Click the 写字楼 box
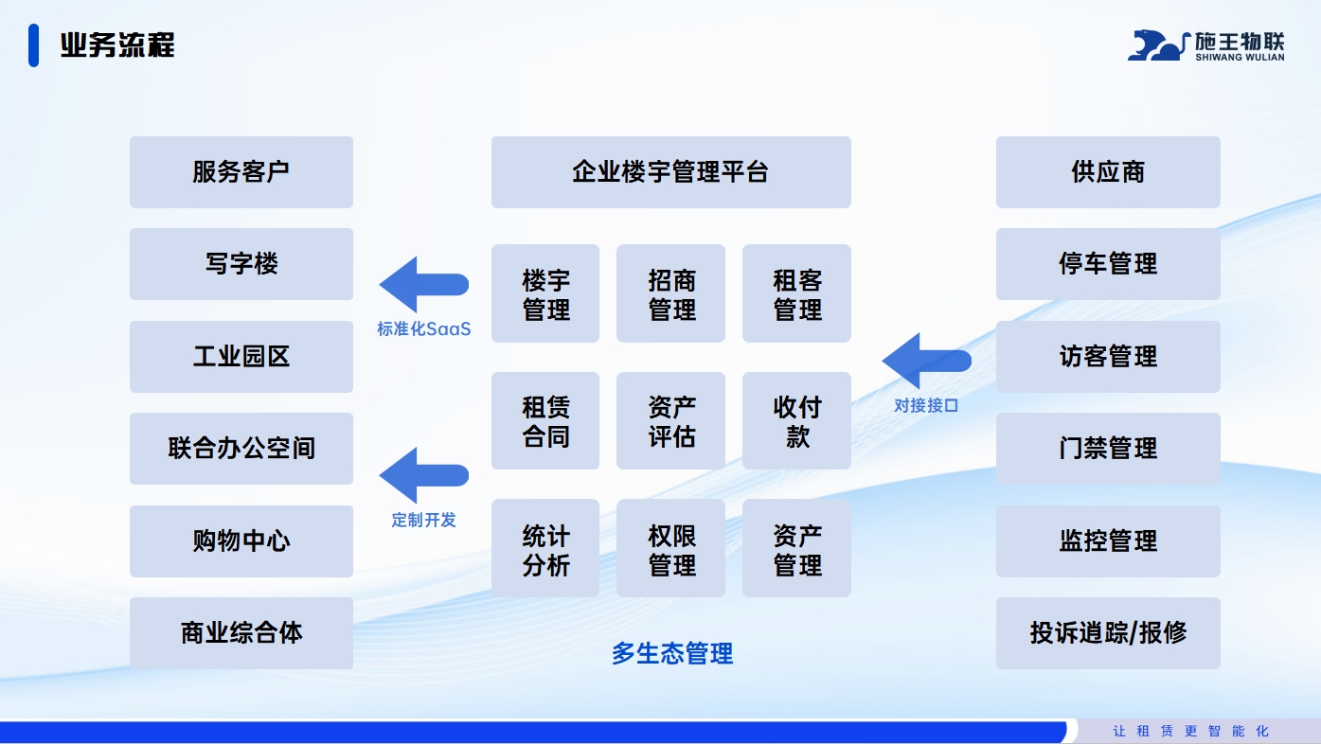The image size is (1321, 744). coord(241,264)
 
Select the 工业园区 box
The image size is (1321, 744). coord(241,357)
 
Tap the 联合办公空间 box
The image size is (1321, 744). coord(241,449)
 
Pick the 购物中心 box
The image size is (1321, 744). coord(241,541)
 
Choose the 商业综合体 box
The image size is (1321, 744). coord(241,633)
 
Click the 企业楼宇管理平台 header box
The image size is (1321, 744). coord(670,172)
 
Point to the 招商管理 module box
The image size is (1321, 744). coord(670,293)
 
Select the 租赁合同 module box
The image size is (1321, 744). coord(545,421)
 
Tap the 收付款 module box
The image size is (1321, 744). coord(796,421)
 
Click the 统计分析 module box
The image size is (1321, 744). coord(545,549)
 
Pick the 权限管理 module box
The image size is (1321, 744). coord(670,549)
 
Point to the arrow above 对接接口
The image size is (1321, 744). coord(925,361)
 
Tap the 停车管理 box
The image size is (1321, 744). coord(1108,264)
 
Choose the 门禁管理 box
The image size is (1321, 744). coord(1108,449)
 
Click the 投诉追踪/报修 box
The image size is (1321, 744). coord(1108,633)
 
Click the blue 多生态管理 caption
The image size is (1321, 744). coord(671,653)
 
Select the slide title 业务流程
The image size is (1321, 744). coord(117,44)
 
